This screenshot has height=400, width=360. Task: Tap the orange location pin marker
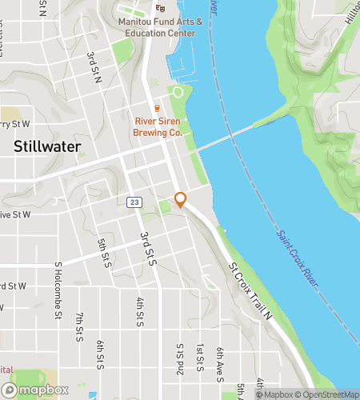[x=181, y=200]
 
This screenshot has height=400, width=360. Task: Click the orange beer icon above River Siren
[x=158, y=108]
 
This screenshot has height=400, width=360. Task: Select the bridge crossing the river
[x=232, y=134]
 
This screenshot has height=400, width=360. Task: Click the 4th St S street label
[x=140, y=311]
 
